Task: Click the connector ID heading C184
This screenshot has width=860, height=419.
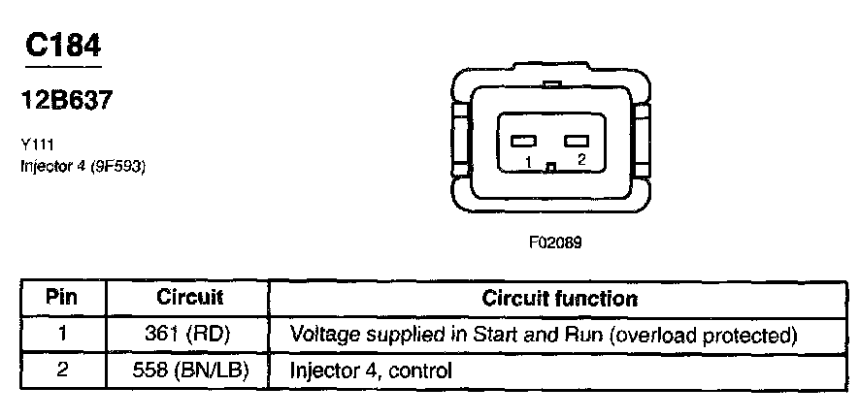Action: point(62,46)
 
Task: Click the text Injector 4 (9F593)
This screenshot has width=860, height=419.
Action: point(83,165)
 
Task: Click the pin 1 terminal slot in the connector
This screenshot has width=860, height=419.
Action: point(524,142)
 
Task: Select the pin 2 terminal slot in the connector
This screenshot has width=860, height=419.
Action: point(578,142)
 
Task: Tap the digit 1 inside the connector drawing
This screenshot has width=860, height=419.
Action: point(525,163)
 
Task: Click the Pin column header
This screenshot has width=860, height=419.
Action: point(61,298)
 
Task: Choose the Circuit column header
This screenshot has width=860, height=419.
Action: point(189,298)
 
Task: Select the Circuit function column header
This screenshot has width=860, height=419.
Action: point(559,298)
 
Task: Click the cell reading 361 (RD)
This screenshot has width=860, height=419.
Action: point(189,335)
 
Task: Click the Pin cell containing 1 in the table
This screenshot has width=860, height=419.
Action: point(61,335)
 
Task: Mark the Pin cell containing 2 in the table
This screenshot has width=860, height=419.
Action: point(61,370)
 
